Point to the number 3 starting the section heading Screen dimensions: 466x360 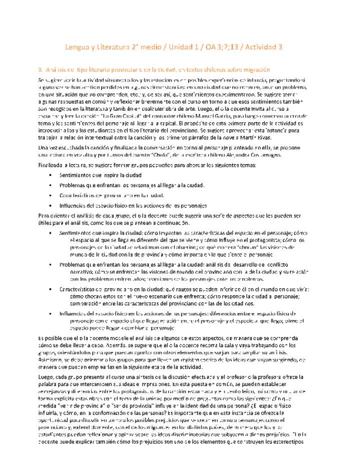coord(39,69)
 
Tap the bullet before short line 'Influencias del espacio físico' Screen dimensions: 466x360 coord(51,205)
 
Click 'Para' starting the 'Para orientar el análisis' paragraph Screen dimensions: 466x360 coord(44,215)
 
